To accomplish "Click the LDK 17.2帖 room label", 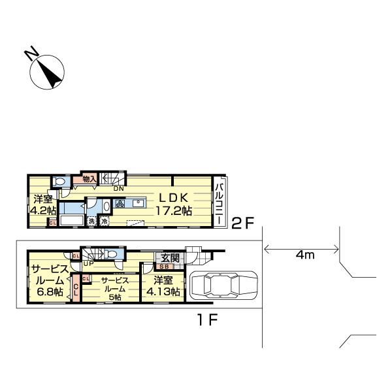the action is pos(174,204).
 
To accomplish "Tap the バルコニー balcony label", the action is pos(220,204).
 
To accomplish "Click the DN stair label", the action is pos(118,189).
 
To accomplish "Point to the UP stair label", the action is pos(88,263).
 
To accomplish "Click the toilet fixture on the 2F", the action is pos(59,181).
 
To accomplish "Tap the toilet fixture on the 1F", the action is pos(110,255).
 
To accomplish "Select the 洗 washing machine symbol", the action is pos(91,221).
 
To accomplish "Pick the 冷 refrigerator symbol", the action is pos(105,221).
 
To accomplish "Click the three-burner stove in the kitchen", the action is pos(120,203).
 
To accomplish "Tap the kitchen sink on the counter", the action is pos(139,203).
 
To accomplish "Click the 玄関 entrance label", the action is pos(171,258).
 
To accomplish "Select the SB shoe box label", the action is pos(164,267).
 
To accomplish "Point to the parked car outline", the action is pos(223,285).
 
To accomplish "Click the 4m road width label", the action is pos(304,255).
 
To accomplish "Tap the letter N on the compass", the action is pos(31,54).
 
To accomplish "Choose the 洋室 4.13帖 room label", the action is pos(163,286).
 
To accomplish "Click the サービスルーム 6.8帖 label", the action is pos(50,280).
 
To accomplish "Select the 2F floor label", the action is pos(242,223).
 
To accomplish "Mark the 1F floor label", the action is pos(208,319).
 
